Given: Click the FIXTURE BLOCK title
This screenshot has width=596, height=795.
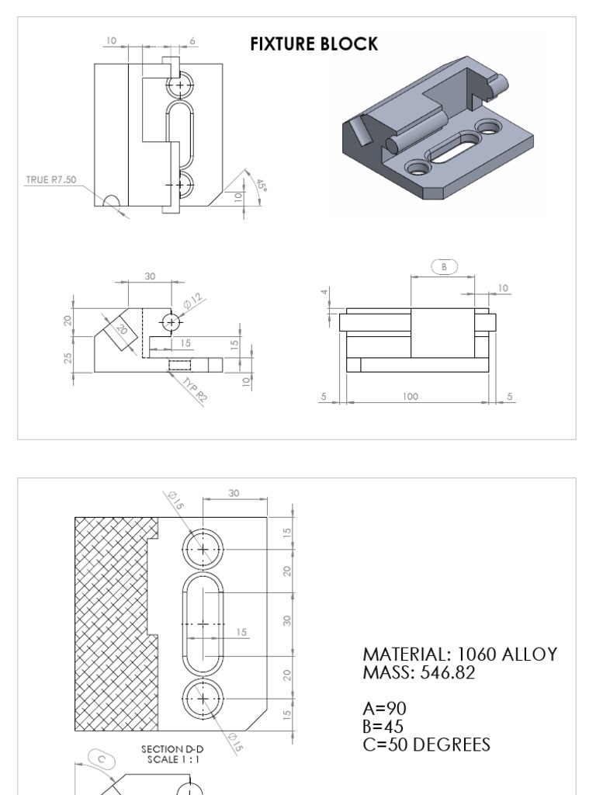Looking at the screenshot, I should [x=314, y=44].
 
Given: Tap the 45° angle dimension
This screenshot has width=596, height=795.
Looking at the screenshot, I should [x=259, y=185].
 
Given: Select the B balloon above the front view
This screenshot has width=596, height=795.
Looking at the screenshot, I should [x=445, y=266].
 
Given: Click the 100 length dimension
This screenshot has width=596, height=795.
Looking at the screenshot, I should [x=410, y=397].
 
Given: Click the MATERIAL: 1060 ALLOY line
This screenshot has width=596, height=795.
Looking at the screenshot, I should [x=459, y=654].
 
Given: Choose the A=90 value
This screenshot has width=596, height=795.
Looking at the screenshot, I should [x=384, y=708].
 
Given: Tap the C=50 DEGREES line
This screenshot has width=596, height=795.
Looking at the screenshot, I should [x=427, y=745].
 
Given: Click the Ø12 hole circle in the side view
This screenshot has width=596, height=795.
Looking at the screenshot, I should [x=172, y=321].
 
